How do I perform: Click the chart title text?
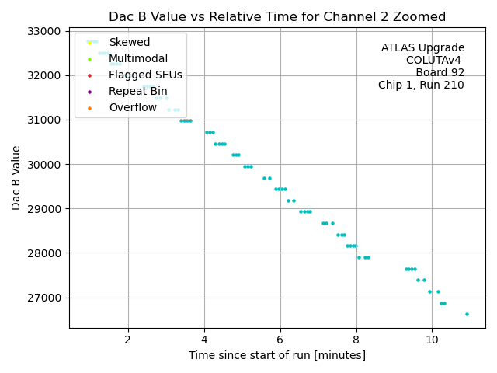coord(277,16)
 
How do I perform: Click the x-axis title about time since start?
coord(277,355)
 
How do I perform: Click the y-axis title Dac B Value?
coord(16,180)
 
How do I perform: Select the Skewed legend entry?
coord(130,42)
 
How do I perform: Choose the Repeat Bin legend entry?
coord(137,91)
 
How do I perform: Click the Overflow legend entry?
coord(133,107)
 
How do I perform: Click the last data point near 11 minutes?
coord(467,314)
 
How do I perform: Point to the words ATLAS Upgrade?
coord(422,48)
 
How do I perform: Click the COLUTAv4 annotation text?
coord(435,61)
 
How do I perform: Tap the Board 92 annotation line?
coord(440,73)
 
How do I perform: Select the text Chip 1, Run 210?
coord(421,85)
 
